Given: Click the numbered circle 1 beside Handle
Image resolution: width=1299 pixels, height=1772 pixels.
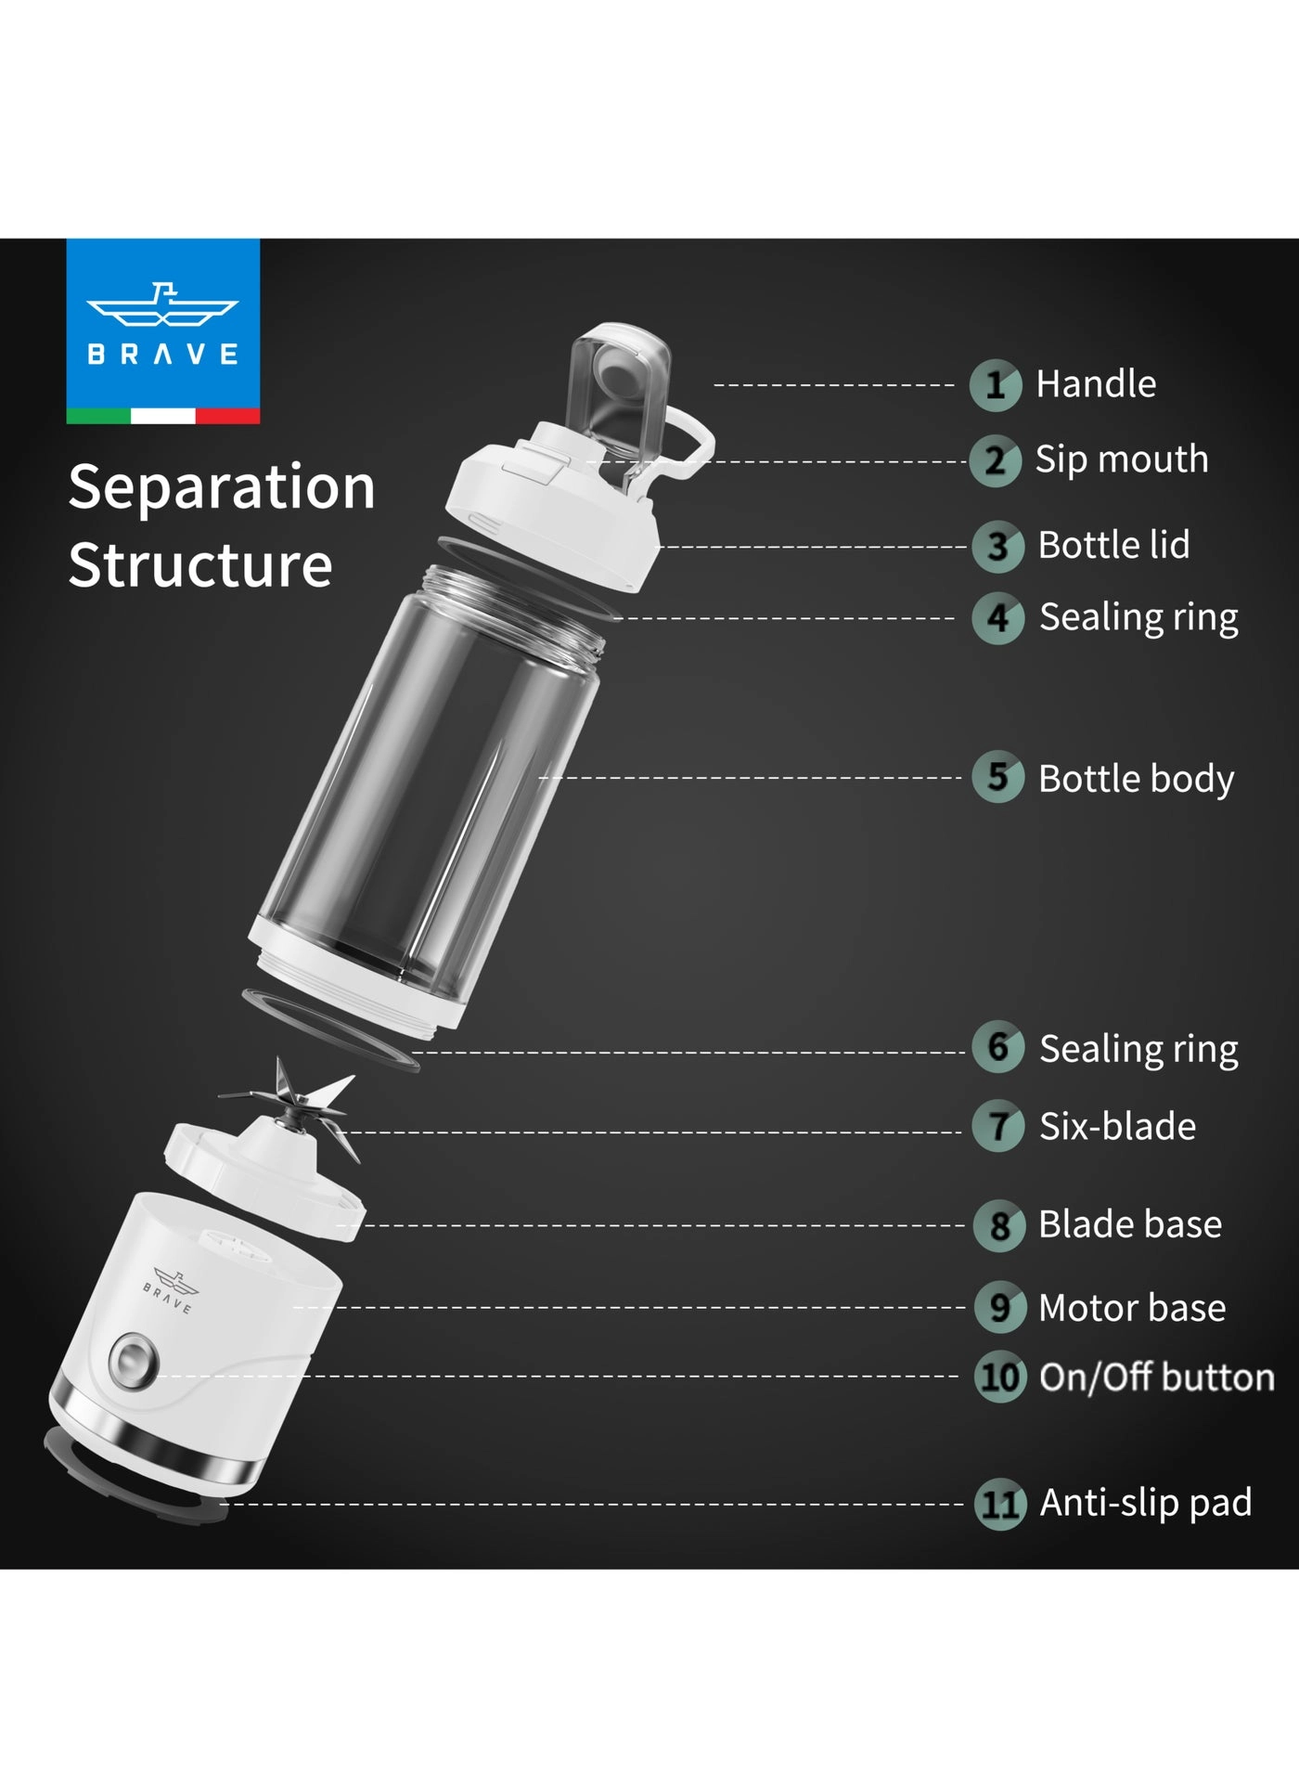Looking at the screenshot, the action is [x=996, y=385].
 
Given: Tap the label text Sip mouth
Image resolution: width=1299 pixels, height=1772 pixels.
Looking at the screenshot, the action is [x=1122, y=459].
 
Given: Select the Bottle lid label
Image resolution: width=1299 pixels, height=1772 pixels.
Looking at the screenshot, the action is [x=1113, y=545].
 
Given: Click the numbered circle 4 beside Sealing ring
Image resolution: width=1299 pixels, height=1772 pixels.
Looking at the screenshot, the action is [x=998, y=618].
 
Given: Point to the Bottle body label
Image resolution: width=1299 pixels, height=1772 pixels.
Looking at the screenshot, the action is [x=1136, y=779].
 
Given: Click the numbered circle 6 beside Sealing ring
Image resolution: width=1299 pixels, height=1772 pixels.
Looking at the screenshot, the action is [x=998, y=1047].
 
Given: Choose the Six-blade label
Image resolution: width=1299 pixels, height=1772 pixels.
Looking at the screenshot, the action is [x=1117, y=1126].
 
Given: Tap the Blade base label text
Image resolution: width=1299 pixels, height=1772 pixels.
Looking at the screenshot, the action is [x=1130, y=1224].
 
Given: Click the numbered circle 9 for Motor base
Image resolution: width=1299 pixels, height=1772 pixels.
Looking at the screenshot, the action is [x=1000, y=1307].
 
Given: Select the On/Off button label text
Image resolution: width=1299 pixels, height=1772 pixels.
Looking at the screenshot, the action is [x=1157, y=1378].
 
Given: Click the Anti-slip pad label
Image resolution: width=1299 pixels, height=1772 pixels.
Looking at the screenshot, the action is [x=1146, y=1503].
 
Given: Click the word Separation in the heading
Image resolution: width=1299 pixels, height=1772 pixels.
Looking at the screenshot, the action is [x=222, y=487].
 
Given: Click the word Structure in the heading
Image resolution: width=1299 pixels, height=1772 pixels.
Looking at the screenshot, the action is [x=200, y=565].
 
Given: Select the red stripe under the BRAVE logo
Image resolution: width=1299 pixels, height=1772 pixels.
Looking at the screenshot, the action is [x=227, y=416].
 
